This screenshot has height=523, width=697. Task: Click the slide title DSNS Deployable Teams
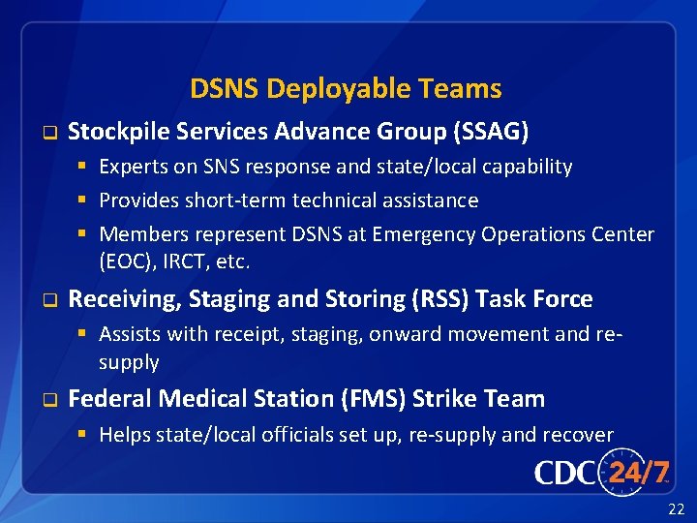pyautogui.click(x=346, y=89)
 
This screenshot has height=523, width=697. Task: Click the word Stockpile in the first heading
pyautogui.click(x=115, y=131)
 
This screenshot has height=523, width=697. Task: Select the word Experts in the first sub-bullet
pyautogui.click(x=134, y=167)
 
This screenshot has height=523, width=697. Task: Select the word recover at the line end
pyautogui.click(x=579, y=435)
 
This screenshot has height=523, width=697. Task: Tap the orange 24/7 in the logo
pyautogui.click(x=639, y=472)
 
